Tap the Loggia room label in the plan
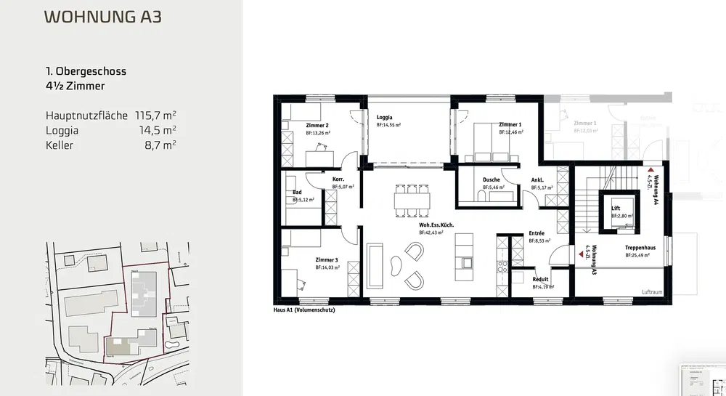385,117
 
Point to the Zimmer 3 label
327,259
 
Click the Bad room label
297,193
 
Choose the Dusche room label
492,180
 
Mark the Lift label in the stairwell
616,209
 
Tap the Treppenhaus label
640,248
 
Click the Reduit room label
540,279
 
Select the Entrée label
537,233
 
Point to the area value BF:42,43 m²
437,233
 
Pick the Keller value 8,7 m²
161,145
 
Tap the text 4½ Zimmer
76,86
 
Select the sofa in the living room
376,264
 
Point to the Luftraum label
653,292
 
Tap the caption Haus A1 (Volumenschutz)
303,310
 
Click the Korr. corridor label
338,179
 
